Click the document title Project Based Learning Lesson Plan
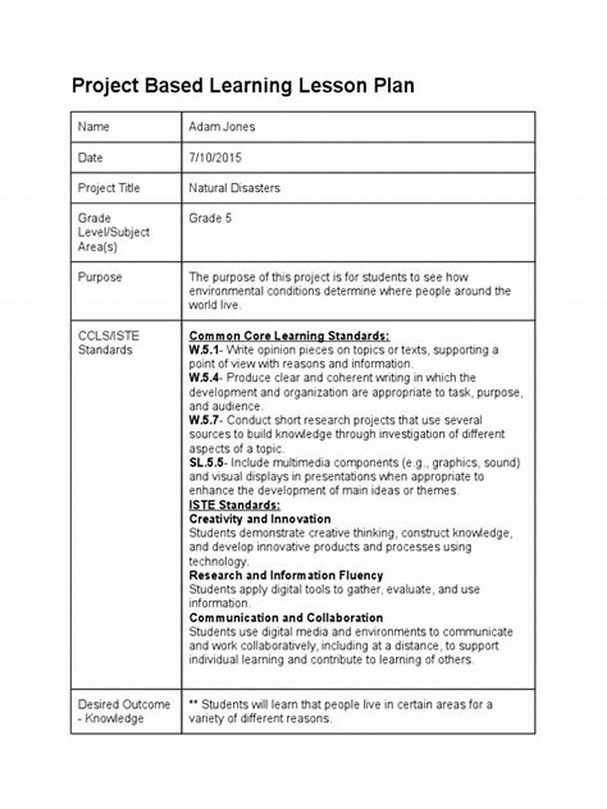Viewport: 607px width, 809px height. [243, 85]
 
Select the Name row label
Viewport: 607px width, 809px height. [93, 127]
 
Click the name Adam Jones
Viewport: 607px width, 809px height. [222, 127]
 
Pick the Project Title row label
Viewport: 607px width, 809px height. [109, 188]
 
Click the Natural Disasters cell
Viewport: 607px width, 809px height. [234, 188]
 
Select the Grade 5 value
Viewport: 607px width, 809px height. [210, 219]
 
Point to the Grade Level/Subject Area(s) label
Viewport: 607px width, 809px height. [113, 232]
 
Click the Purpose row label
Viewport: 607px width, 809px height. [99, 278]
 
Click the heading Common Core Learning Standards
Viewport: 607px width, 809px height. [289, 335]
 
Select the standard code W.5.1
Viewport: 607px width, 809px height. [203, 350]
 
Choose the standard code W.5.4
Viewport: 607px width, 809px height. [203, 378]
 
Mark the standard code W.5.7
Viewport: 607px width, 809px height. [203, 420]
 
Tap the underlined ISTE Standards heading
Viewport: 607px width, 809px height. [234, 505]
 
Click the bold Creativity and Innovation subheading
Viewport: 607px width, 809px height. [259, 519]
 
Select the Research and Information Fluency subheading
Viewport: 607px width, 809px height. [286, 575]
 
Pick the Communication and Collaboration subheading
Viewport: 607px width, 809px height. [286, 618]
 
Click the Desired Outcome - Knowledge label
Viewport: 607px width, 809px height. [124, 711]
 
